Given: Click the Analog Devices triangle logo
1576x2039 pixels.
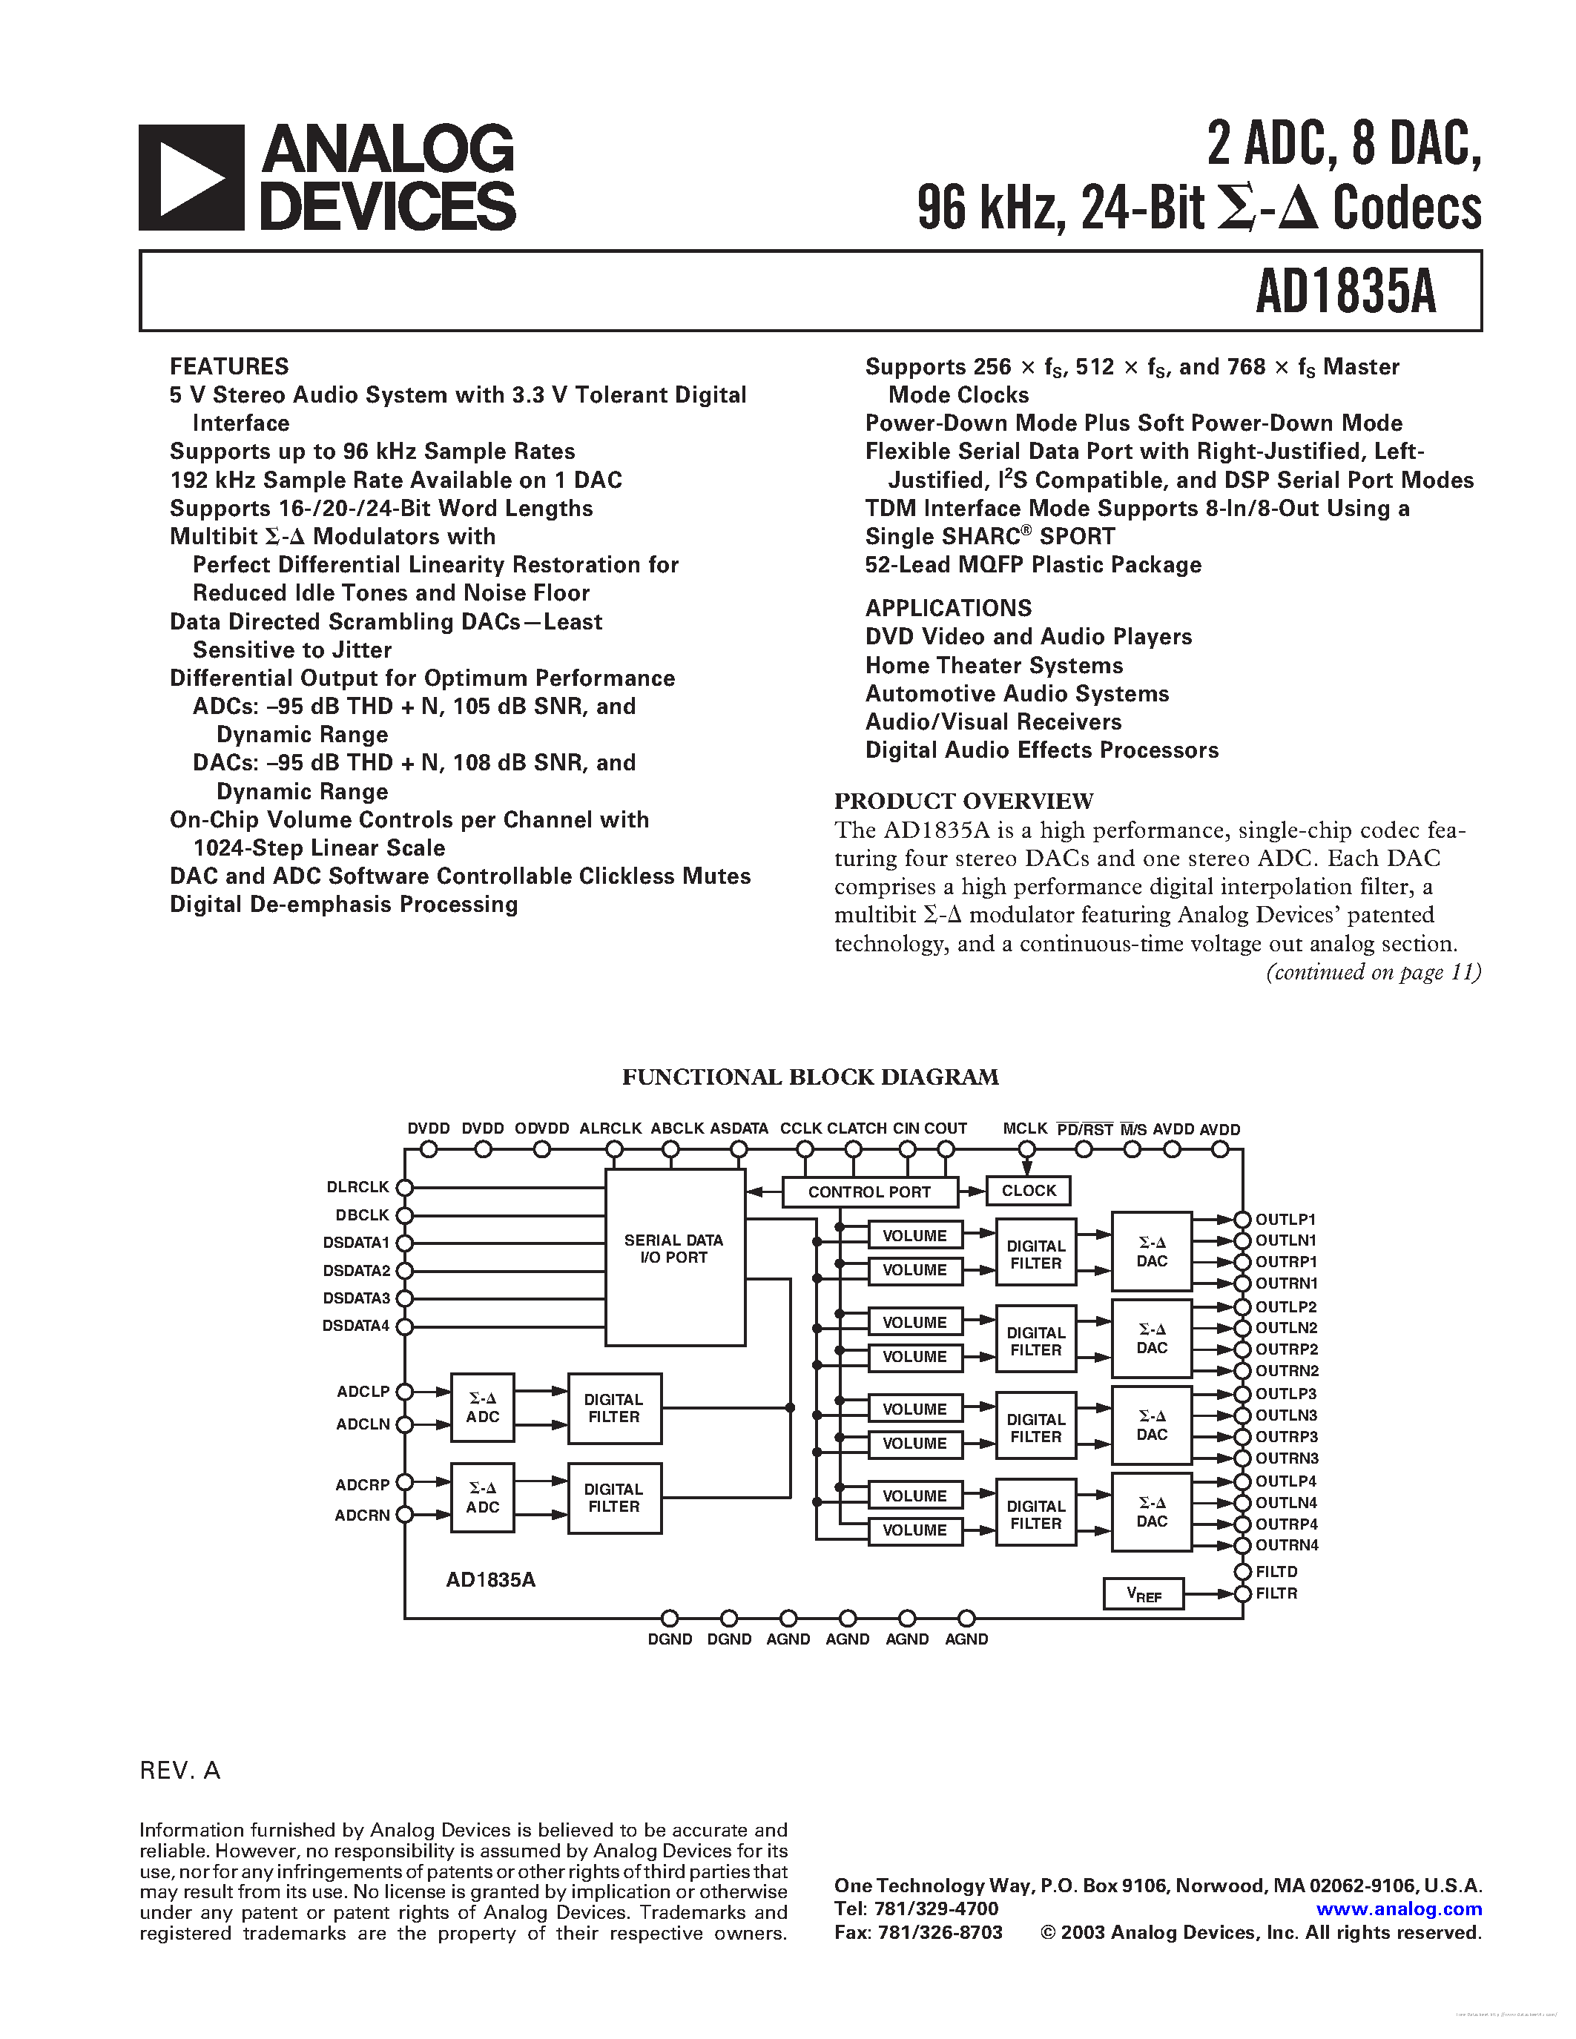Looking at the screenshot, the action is pos(191,177).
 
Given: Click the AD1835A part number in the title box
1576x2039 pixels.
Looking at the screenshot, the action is pos(1345,291).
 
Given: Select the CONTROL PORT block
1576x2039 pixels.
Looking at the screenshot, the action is pos(869,1192).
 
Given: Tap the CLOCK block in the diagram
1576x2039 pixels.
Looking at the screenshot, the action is pos(1028,1190).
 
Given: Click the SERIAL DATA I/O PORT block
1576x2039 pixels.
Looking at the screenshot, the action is pos(674,1249).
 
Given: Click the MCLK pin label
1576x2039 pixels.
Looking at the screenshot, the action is pos(1024,1128).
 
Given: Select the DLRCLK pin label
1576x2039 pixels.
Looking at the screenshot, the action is pos(357,1186).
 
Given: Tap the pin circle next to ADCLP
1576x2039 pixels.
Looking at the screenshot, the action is pos(404,1392).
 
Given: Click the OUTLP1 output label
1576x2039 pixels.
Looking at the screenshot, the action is pos(1285,1219).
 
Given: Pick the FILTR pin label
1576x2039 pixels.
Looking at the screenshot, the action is pos(1276,1593).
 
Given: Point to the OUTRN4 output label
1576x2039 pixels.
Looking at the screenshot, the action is pos(1287,1545).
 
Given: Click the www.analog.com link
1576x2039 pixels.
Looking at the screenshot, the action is pos(1399,1909).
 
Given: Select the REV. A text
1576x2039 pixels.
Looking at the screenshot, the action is pos(180,1770).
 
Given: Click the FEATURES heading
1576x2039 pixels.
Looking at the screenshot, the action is pos(228,366).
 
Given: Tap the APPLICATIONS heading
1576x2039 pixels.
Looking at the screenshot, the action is pos(948,608).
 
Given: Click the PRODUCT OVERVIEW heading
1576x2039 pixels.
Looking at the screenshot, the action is pos(963,801).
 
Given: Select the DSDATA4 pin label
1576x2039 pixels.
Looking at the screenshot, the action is pos(356,1326).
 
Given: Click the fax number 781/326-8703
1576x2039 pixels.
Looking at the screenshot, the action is pos(939,1932).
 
